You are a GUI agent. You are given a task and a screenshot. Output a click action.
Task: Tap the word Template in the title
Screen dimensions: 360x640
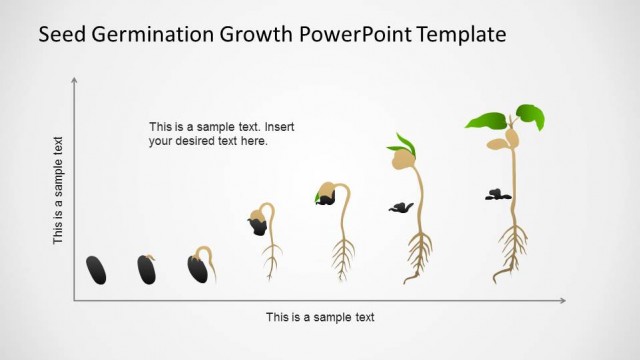(x=456, y=35)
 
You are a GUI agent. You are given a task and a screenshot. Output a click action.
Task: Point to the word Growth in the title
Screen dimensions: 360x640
(x=246, y=35)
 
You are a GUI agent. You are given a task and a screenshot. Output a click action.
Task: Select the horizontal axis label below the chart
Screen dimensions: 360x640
(x=320, y=317)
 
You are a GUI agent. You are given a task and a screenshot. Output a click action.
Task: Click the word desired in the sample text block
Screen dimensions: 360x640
(x=198, y=141)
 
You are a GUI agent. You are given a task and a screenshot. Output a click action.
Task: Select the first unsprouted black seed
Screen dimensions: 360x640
(x=96, y=269)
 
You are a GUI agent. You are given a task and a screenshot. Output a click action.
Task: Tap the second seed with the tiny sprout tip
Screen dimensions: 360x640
(x=147, y=268)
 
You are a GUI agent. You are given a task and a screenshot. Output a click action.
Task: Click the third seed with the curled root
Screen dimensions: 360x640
(x=198, y=267)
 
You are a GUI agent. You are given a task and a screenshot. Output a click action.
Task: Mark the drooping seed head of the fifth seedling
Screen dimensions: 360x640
(x=327, y=192)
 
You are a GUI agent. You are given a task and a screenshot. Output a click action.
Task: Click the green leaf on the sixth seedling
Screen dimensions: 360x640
(x=405, y=142)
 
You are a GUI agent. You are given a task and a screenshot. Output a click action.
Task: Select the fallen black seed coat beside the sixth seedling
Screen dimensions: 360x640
(x=401, y=207)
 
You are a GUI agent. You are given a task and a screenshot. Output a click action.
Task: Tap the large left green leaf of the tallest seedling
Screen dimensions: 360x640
(x=487, y=122)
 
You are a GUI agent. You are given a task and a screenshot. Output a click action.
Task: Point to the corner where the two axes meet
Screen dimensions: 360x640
(x=74, y=300)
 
